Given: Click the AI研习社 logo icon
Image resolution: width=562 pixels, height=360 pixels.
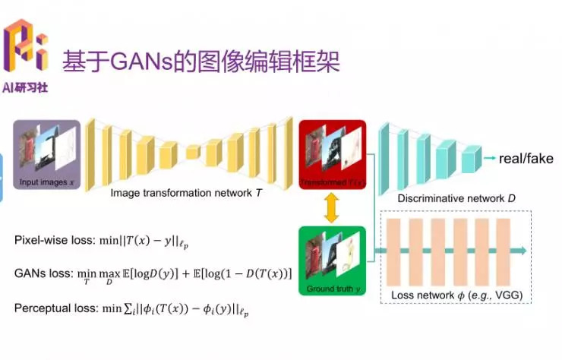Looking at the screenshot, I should point(26,44).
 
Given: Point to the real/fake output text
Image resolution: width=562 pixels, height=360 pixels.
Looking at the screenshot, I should point(526,159).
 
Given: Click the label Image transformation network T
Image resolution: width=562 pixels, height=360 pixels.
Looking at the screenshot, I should point(186,193).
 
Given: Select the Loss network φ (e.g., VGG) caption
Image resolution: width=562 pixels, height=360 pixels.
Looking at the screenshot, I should point(457,294).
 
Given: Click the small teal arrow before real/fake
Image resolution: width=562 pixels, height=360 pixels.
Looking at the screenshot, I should point(488,158).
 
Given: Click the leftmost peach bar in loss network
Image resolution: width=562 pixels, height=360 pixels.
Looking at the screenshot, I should point(393,251).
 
